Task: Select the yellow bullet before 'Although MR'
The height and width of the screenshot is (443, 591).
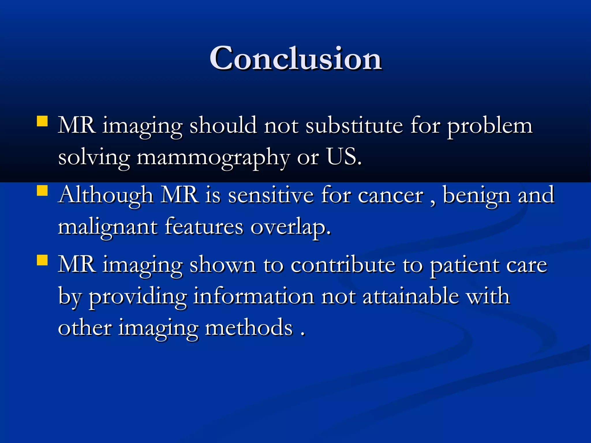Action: (42, 191)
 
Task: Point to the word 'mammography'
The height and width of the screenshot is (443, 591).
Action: (213, 158)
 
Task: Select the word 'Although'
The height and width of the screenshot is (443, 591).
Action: (106, 196)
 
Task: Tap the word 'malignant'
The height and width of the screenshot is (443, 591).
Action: (107, 228)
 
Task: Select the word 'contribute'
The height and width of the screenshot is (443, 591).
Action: (343, 265)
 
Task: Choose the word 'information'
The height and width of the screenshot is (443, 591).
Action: (254, 296)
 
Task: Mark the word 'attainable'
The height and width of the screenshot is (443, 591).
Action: (411, 296)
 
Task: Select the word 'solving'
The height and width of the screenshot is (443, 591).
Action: (94, 158)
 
